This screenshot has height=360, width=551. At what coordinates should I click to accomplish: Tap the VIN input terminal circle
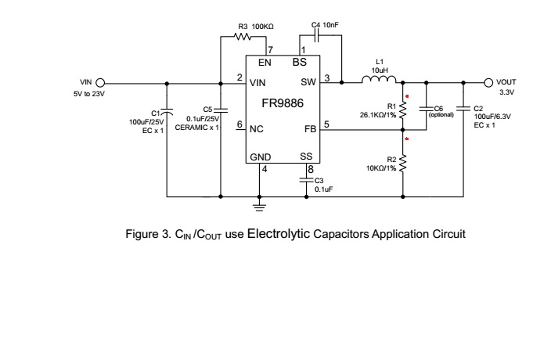(100, 81)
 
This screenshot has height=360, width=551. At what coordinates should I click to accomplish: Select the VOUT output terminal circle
(489, 81)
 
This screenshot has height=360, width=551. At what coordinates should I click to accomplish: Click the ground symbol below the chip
(260, 206)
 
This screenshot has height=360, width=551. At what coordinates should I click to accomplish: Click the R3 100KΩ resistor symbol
(243, 37)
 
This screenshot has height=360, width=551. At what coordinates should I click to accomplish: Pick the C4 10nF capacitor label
(324, 26)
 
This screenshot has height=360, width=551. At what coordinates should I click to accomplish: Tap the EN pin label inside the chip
(265, 62)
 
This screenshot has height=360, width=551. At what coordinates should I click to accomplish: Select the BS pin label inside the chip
(299, 62)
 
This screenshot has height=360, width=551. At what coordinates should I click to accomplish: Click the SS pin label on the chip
(307, 157)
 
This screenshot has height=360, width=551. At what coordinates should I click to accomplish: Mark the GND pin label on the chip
(261, 157)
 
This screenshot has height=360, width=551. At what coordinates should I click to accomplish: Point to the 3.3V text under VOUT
(506, 92)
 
